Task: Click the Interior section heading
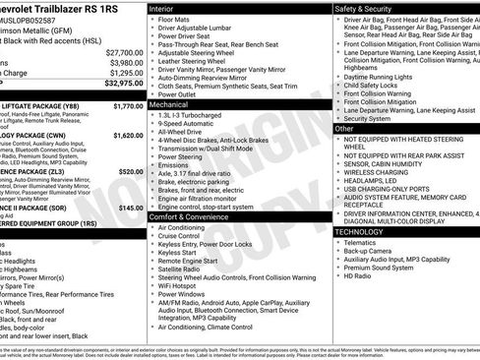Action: point(162,7)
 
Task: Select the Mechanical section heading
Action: point(169,103)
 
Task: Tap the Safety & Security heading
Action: point(362,7)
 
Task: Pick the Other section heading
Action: point(344,129)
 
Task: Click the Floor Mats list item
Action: point(175,19)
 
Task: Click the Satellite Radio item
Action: point(181,269)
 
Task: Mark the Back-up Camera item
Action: point(369,250)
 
